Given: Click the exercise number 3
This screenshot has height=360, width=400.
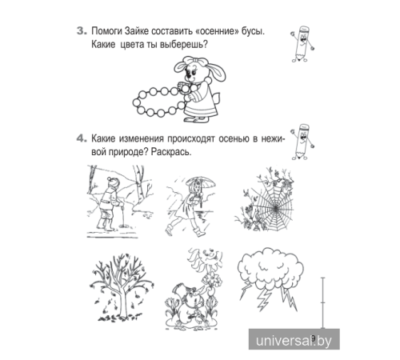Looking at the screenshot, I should [81, 32].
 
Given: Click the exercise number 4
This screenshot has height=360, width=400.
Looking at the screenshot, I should [81, 137].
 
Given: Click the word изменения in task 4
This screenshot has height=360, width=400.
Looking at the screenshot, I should [154, 137].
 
